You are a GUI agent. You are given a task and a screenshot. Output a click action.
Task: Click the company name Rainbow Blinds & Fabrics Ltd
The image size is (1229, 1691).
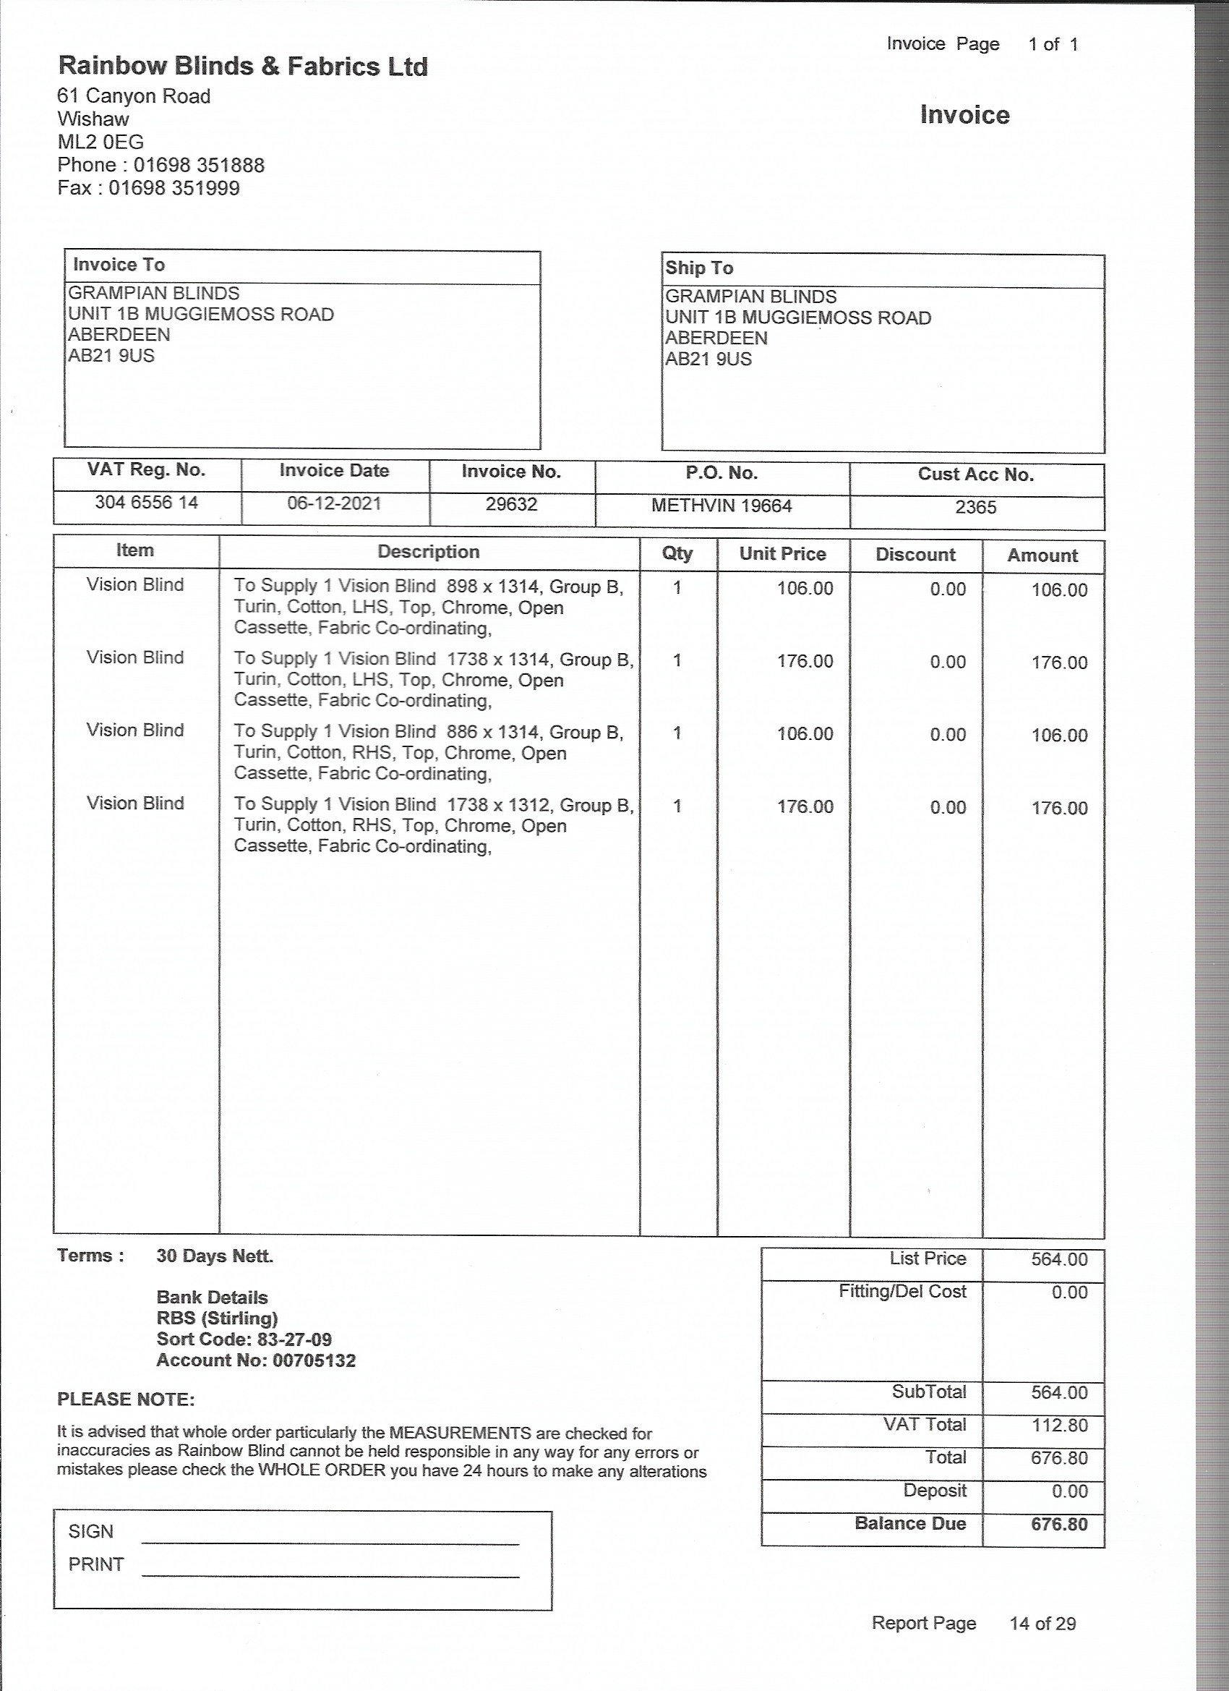click(243, 67)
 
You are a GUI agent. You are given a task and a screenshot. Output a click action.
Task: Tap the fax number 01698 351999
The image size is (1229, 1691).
click(174, 188)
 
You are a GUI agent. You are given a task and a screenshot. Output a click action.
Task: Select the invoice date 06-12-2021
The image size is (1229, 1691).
click(334, 503)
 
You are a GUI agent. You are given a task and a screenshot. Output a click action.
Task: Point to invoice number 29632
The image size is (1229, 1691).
click(511, 505)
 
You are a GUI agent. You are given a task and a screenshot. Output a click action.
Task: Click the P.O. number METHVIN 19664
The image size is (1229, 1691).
click(721, 506)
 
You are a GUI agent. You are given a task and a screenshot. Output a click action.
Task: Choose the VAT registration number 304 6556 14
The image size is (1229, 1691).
click(146, 503)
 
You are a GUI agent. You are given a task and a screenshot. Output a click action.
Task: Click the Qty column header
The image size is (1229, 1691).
click(677, 553)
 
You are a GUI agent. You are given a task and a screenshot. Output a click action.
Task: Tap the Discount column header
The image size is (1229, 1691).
click(915, 555)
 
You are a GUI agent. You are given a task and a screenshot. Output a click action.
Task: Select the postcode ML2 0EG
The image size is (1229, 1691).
click(100, 142)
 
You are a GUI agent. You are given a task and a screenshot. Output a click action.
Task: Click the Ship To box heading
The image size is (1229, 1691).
click(699, 268)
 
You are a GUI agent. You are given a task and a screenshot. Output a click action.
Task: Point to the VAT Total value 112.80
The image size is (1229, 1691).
click(1059, 1425)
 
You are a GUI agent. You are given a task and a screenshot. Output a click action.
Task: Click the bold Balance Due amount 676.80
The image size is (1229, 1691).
click(1059, 1524)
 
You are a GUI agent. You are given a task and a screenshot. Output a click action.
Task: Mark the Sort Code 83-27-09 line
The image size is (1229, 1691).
click(244, 1339)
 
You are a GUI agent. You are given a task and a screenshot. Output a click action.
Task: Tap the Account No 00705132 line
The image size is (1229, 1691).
click(256, 1360)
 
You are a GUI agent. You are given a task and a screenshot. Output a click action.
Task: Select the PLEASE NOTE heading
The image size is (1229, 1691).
click(126, 1400)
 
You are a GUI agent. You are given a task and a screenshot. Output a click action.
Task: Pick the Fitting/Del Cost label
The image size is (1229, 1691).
click(902, 1291)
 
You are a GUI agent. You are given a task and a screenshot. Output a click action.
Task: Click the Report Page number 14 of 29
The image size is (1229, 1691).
click(1042, 1644)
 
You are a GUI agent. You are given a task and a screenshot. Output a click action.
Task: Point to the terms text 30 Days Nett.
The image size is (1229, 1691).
click(215, 1256)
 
